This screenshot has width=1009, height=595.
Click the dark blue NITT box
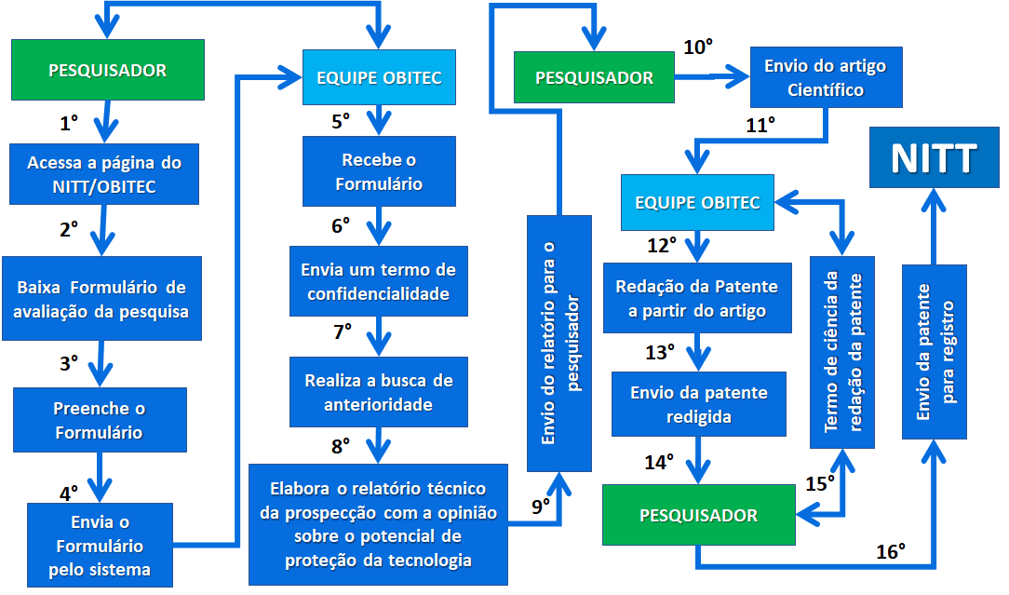click(933, 159)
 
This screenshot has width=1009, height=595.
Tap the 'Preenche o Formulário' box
click(99, 420)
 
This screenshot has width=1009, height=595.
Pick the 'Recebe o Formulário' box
click(378, 171)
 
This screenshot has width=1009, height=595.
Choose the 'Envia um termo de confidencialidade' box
click(378, 282)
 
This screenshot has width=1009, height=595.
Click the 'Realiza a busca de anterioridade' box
click(378, 392)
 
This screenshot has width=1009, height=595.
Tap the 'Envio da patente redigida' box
click(699, 404)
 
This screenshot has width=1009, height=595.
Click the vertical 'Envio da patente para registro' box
click(934, 352)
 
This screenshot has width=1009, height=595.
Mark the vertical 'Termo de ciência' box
click(842, 352)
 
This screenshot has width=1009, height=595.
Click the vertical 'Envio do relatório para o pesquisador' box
click(559, 344)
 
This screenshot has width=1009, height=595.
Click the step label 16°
click(891, 551)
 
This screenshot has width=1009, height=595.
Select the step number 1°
click(69, 123)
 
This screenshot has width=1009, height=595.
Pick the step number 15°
click(819, 484)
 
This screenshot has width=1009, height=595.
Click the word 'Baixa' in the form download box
click(39, 287)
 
